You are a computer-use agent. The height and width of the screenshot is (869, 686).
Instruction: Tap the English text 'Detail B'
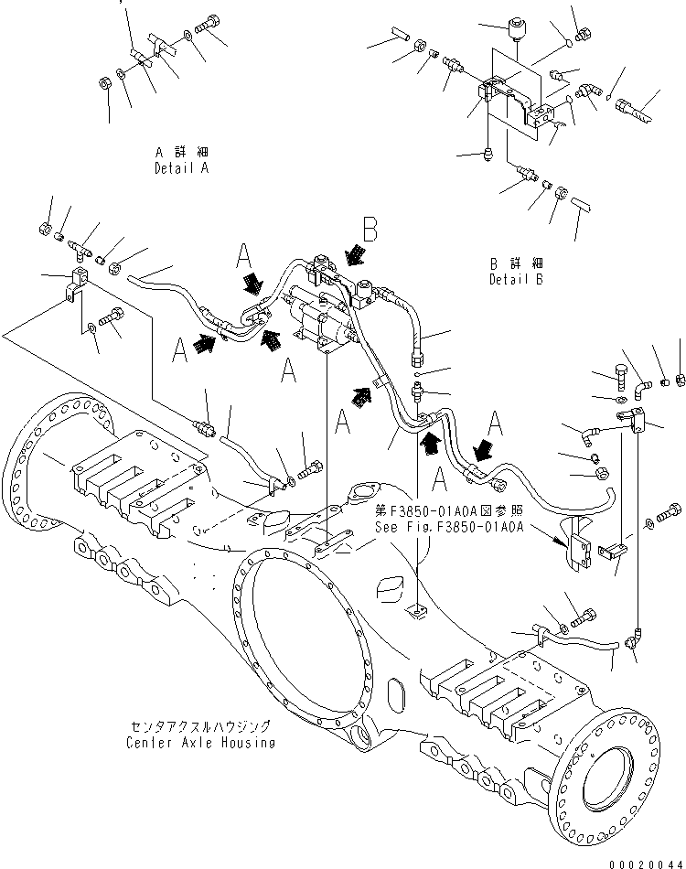pyautogui.click(x=516, y=279)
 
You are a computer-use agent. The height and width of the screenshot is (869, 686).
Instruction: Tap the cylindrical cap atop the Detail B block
pyautogui.click(x=519, y=34)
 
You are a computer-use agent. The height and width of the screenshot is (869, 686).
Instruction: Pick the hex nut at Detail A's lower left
pyautogui.click(x=105, y=85)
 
